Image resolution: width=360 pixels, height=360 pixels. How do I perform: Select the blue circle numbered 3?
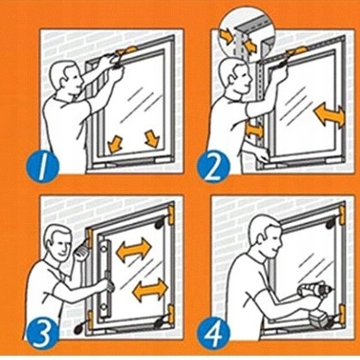[x=43, y=333]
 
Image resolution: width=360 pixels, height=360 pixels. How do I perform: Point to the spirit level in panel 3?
[x=104, y=279]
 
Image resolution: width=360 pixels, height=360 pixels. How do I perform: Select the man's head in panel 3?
[x=58, y=242]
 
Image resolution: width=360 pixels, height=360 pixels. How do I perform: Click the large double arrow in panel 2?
[x=329, y=115]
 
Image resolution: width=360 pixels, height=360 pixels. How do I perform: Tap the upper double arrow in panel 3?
[x=133, y=250]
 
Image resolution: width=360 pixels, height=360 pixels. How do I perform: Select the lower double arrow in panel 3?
[x=150, y=289]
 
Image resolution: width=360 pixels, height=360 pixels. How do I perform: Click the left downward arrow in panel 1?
[x=115, y=144]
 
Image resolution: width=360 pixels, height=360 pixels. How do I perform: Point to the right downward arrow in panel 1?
[x=152, y=138]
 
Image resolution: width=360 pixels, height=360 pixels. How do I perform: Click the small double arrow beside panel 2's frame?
[x=255, y=129]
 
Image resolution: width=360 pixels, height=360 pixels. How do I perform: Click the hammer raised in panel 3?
[x=81, y=249]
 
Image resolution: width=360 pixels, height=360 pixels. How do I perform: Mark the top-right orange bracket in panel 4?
[x=342, y=214]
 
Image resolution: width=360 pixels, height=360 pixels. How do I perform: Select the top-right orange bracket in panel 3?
[x=171, y=214]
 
